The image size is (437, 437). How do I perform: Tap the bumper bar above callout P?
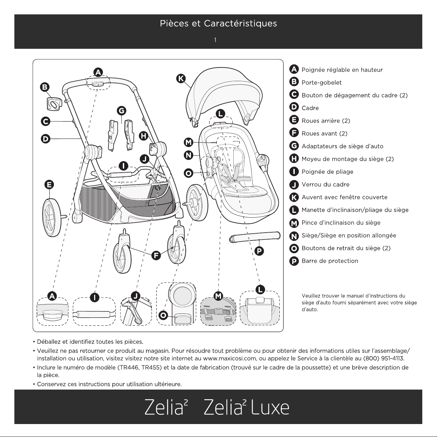pos(255,237)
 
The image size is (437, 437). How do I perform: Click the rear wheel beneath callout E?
pos(53,218)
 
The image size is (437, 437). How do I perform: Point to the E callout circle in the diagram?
pos(49,185)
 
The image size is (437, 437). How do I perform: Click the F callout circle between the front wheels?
pos(156,256)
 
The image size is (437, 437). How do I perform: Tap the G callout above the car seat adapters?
pos(121,111)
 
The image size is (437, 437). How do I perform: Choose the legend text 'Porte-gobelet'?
pos(321,83)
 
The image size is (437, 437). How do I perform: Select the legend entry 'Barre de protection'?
pos(330,261)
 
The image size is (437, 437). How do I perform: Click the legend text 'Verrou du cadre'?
pos(325,184)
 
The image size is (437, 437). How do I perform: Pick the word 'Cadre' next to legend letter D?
pos(310,108)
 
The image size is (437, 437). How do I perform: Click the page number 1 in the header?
pos(215,40)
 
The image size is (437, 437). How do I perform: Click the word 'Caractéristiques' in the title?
pos(241,24)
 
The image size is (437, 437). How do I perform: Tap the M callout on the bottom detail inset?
pos(218,296)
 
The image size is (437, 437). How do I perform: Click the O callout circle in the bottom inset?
pos(163,315)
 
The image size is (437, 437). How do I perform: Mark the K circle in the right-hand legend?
pos(294,197)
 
